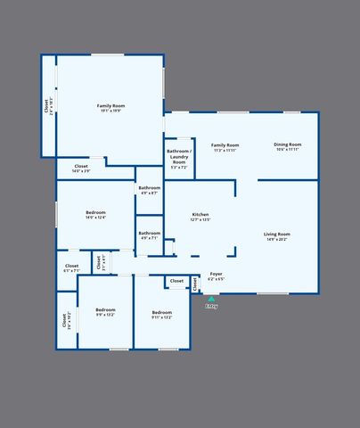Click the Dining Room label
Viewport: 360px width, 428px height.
coord(287,144)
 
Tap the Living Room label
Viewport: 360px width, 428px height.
coord(277,234)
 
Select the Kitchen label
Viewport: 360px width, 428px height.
coord(200,214)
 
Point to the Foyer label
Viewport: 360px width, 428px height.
coord(216,274)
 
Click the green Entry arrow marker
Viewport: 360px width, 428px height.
coord(211,299)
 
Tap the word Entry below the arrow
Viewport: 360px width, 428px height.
coord(211,306)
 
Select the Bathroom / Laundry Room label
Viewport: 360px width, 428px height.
coord(179,157)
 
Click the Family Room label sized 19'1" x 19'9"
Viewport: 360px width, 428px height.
coord(110,105)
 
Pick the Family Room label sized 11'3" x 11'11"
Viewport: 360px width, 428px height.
coord(225,145)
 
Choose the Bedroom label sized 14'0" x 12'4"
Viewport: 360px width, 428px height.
coord(95,212)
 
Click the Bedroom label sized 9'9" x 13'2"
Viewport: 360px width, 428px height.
coord(105,309)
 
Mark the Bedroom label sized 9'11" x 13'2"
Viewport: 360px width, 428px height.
coord(161,311)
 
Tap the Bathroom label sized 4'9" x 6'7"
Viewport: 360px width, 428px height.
coord(149,187)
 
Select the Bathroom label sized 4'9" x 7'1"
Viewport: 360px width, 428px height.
coord(149,233)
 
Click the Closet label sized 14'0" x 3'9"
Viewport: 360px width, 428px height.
coord(80,167)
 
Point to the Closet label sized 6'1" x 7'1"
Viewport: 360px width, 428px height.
coord(71,266)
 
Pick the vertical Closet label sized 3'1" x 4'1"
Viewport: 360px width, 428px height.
coord(101,264)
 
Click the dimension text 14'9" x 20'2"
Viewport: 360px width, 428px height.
coord(277,239)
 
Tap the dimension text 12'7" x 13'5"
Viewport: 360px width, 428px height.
coord(200,219)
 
